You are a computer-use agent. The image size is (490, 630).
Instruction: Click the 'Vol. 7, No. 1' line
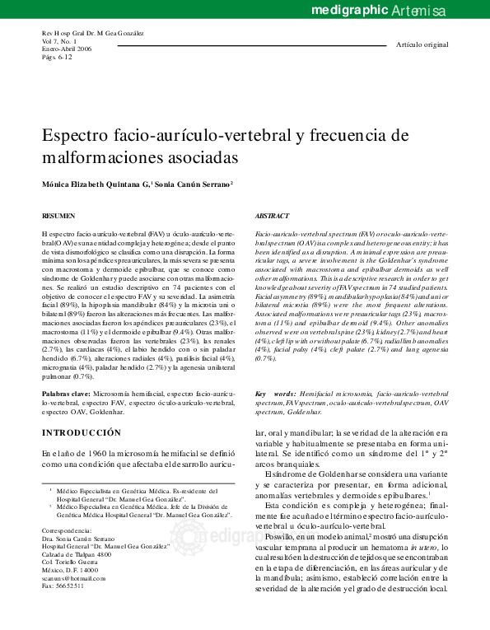coord(60,41)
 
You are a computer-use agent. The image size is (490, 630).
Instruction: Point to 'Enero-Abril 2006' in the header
coord(66,49)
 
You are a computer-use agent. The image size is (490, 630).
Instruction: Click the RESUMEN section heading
coord(58,215)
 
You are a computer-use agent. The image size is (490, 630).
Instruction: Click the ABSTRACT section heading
coord(272,215)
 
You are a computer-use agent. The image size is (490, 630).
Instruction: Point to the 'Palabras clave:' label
coord(66,394)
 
